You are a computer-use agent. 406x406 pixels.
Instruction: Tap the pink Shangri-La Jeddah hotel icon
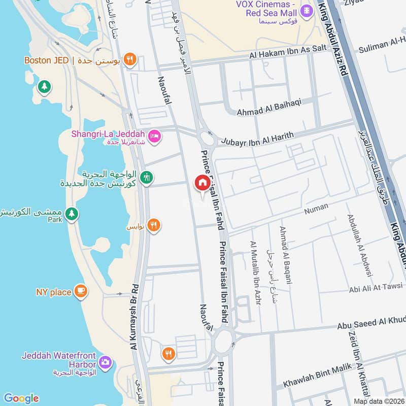(x=155, y=136)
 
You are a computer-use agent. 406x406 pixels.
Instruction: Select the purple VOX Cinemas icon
(x=307, y=10)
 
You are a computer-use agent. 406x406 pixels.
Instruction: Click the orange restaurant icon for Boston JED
(x=130, y=60)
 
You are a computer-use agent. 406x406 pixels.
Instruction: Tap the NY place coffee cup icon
(x=80, y=292)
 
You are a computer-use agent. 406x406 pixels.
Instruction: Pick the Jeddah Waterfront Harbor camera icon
(x=105, y=362)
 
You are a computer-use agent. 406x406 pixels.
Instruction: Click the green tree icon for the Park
(x=72, y=214)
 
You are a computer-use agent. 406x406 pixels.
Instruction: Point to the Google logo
(x=21, y=398)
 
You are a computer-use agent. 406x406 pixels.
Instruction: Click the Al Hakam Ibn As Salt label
(x=287, y=57)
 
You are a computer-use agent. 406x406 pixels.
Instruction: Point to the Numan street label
(x=316, y=207)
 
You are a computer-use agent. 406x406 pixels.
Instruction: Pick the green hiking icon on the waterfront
(x=147, y=178)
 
